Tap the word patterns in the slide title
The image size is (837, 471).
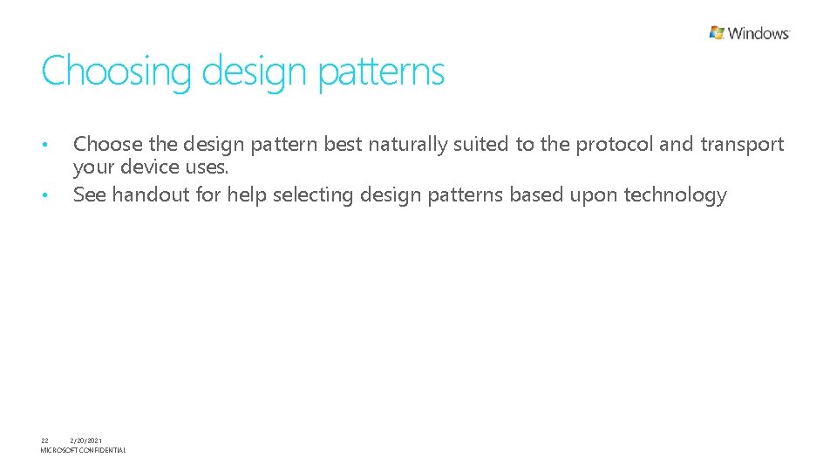pos(381,72)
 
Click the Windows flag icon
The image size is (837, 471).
pos(717,33)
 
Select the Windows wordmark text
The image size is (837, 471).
pos(759,33)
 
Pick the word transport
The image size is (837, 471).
pos(742,145)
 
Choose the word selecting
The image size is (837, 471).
pos(313,195)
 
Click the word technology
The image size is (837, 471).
pos(675,195)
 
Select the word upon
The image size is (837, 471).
pos(594,195)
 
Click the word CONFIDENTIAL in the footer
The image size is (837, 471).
pos(103,450)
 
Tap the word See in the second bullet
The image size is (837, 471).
pos(90,195)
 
